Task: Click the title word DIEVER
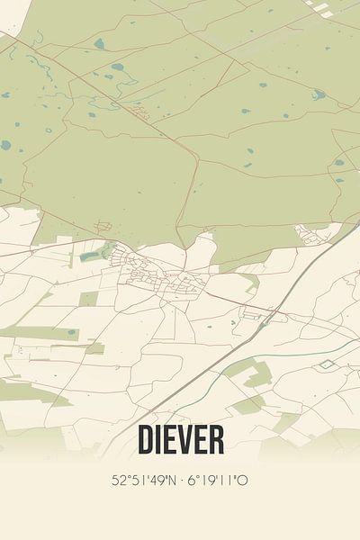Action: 181,439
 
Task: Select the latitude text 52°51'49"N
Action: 143,481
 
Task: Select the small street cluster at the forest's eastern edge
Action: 315,236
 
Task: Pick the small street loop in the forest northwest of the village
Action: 140,111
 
